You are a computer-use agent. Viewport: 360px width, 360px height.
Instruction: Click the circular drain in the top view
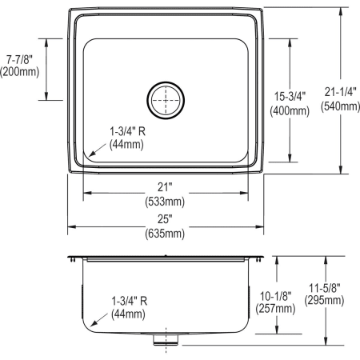point(166,100)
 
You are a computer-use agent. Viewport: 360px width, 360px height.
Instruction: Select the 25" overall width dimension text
point(166,219)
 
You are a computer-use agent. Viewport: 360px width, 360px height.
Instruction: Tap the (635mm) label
point(166,234)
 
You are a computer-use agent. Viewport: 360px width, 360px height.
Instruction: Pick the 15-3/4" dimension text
point(290,97)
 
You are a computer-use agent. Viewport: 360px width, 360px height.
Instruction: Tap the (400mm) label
point(290,111)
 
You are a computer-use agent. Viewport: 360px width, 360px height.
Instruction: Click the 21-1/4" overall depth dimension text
point(338,91)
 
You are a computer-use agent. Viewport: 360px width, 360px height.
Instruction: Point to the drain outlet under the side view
point(166,338)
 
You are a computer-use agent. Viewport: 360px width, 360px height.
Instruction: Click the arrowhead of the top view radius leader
point(90,154)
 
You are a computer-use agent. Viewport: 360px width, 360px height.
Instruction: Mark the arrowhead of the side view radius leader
point(90,324)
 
